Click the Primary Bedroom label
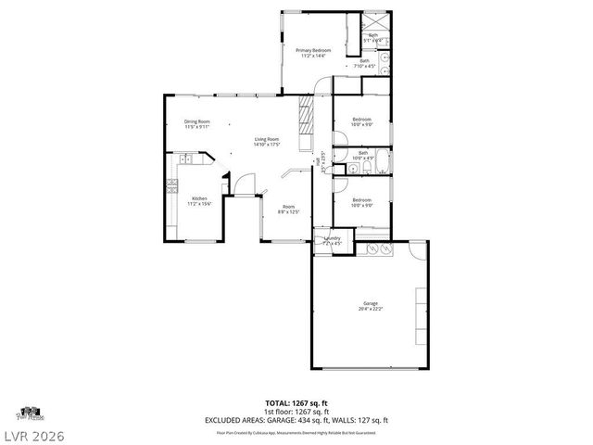point(313,53)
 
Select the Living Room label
point(268,142)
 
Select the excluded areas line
point(296,419)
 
